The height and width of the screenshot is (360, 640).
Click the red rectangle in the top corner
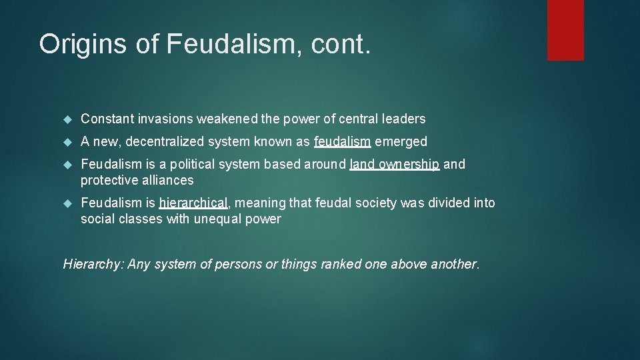tap(565, 30)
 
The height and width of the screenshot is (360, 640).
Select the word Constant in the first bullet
tap(107, 119)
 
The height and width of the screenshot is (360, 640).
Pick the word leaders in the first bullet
tap(403, 119)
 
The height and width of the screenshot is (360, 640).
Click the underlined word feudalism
tap(342, 142)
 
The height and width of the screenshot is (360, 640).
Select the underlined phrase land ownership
tap(394, 165)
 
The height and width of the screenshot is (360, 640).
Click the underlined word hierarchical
tap(193, 203)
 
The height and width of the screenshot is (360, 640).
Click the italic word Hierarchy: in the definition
tap(93, 265)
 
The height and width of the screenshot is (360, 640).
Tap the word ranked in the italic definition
tap(342, 265)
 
